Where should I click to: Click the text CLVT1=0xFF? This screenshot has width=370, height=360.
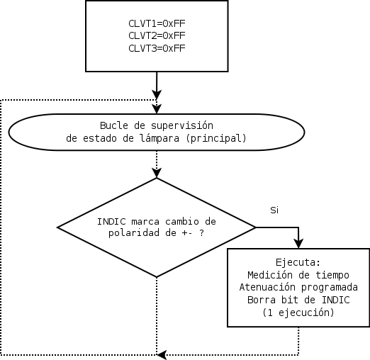point(157,23)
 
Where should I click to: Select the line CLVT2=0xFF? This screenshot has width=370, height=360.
point(157,35)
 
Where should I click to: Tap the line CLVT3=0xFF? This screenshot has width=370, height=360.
point(157,48)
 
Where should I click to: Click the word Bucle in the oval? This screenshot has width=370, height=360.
point(115,125)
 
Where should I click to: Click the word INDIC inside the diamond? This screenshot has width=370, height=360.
point(111,220)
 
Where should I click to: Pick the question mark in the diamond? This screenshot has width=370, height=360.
point(201,232)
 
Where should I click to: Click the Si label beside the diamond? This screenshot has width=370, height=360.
point(274,210)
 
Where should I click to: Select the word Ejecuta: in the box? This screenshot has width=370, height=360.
point(298,261)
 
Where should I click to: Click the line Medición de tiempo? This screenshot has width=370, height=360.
point(298,274)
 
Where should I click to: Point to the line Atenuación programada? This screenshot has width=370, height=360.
point(298,287)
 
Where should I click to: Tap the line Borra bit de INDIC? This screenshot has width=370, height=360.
point(298,300)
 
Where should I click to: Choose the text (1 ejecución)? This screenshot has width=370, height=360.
point(298,313)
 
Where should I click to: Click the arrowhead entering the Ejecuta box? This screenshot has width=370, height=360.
point(298,243)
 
